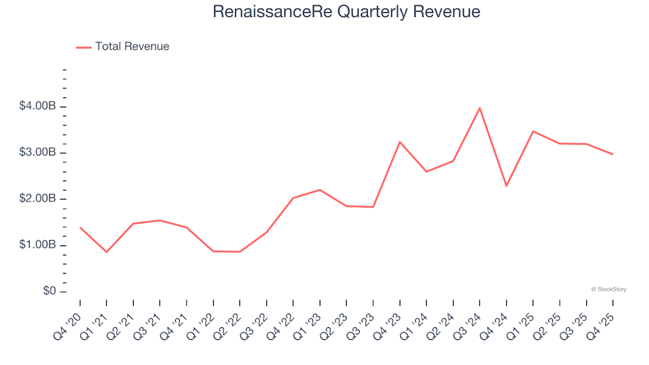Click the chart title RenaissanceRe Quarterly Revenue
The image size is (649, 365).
[x=346, y=12]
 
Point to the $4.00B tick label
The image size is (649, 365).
[x=38, y=107]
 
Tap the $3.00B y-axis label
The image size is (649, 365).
[x=38, y=153]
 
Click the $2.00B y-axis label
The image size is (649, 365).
[x=38, y=199]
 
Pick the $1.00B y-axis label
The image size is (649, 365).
[x=38, y=245]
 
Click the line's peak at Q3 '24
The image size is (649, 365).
[x=479, y=108]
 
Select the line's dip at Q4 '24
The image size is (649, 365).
[x=506, y=186]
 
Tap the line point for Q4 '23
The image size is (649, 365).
[x=400, y=142]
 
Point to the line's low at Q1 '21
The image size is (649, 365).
[x=106, y=252]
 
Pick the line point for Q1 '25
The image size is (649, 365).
[x=533, y=131]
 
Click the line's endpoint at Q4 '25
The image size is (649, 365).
[x=612, y=154]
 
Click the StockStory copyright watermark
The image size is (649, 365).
[x=608, y=289]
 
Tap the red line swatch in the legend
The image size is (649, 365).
[x=83, y=47]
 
